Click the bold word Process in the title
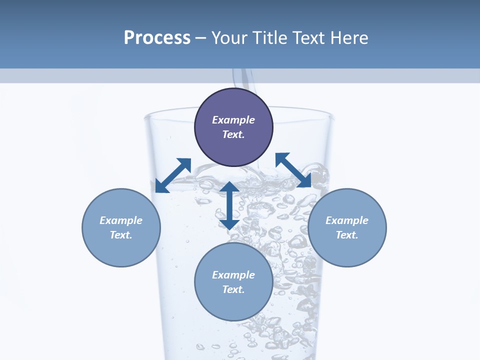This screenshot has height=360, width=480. click(x=157, y=38)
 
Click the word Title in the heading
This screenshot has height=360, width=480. click(x=270, y=38)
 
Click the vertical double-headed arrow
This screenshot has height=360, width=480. click(x=229, y=205)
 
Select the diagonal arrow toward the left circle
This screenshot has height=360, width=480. click(x=173, y=175)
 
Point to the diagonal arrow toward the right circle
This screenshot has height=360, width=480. click(x=293, y=170)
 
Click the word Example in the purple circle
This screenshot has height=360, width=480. click(x=233, y=120)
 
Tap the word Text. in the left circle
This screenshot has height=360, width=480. click(x=121, y=235)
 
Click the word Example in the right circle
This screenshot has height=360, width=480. click(x=347, y=220)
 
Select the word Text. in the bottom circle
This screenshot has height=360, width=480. click(x=233, y=289)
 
